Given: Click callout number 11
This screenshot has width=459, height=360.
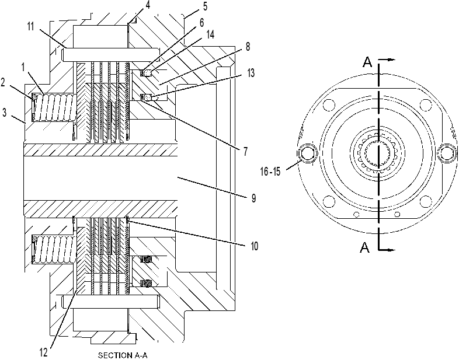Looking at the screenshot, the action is click(31, 27).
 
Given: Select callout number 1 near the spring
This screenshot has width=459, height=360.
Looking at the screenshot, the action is click(23, 67).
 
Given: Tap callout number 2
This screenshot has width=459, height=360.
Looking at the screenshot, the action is click(3, 83).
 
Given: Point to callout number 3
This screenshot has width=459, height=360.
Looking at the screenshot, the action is click(4, 113).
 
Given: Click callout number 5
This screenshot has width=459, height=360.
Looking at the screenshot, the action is click(205, 6).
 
